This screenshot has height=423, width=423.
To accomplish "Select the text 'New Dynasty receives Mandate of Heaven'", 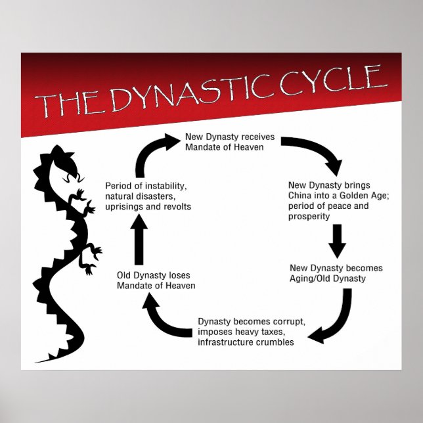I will coord(225,143).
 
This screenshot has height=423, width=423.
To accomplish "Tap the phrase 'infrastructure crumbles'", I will coord(246,342).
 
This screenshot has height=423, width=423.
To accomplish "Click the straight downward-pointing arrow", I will coord(338,240).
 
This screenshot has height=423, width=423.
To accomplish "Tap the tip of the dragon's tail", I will coord(37,361).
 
